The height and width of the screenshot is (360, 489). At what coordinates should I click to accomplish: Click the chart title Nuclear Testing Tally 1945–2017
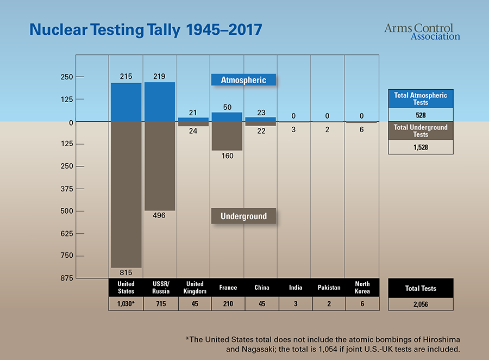(146, 30)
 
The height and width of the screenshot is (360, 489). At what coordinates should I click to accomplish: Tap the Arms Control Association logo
(422, 32)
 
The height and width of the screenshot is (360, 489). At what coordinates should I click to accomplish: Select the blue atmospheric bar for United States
(126, 102)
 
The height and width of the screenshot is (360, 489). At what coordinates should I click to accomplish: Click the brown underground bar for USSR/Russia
(160, 166)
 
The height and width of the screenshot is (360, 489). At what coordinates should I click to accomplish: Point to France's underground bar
(227, 136)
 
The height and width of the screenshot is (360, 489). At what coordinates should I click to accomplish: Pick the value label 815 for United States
(126, 272)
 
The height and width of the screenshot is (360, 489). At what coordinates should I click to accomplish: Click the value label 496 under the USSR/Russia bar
(160, 215)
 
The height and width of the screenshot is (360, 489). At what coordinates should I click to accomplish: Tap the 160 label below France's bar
(227, 156)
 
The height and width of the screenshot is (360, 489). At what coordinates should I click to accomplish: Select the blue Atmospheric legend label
(243, 80)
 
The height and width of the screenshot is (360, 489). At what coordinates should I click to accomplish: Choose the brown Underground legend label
(243, 216)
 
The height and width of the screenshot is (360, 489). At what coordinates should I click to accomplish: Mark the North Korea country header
(362, 288)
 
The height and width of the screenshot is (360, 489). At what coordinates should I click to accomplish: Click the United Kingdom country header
(194, 288)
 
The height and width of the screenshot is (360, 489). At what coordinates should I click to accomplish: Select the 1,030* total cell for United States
(126, 304)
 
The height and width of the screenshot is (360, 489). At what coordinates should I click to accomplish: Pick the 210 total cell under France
(227, 304)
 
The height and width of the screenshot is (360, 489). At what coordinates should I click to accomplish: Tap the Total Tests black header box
(421, 288)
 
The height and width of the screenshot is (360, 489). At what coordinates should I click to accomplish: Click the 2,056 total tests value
(421, 305)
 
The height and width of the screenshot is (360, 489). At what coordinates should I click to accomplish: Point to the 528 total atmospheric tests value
(421, 115)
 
